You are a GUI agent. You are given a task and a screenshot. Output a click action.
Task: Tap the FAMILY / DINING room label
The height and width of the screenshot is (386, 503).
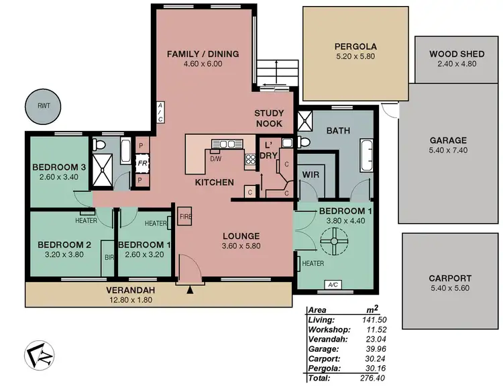point(203,54)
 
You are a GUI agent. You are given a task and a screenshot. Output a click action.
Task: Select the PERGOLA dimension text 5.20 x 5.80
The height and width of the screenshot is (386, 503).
point(355,58)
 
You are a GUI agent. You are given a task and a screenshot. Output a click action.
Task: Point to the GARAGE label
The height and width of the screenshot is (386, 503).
point(448,140)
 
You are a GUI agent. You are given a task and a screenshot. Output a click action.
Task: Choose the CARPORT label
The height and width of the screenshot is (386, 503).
point(449,278)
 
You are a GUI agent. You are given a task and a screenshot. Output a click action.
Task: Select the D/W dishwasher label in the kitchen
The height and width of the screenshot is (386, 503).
point(216,159)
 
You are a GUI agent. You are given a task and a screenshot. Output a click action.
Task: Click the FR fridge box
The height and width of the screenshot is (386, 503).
point(142,162)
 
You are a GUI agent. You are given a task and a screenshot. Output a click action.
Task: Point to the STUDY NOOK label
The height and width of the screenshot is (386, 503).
point(269,119)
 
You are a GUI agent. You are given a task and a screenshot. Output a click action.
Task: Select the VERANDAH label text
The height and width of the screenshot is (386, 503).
point(131,290)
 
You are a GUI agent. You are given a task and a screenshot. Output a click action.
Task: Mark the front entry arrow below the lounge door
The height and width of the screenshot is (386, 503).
point(190,290)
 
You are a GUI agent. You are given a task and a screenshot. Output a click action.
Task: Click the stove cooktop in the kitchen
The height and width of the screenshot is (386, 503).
point(250,159)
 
